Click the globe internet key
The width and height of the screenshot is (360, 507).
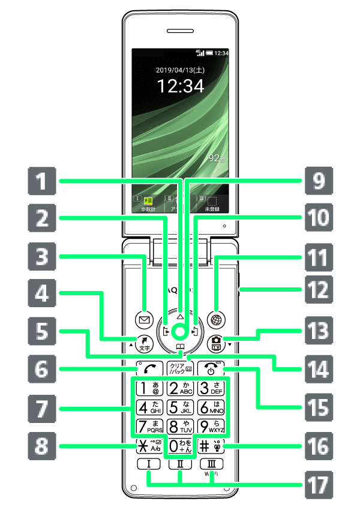pos(215,319)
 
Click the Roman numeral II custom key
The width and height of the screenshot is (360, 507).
pos(180,464)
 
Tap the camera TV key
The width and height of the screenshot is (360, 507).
pos(215,343)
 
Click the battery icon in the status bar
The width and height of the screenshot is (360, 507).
pos(209,53)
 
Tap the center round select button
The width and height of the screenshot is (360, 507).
pos(180,332)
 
